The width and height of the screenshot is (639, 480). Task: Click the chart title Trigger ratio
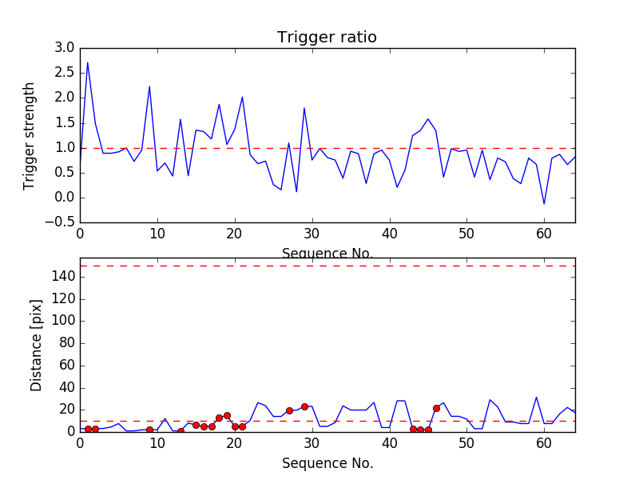(327, 38)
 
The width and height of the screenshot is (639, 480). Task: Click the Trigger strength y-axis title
(30, 135)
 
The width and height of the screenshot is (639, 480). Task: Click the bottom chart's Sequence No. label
(327, 463)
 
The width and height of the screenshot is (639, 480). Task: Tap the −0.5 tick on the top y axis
(61, 222)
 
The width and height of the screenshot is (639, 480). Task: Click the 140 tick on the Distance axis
(64, 277)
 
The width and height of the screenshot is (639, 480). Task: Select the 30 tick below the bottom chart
(312, 443)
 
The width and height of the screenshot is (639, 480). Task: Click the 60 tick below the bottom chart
(544, 443)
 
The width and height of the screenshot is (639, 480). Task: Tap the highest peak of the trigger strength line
(88, 62)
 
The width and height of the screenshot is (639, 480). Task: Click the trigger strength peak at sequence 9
(149, 86)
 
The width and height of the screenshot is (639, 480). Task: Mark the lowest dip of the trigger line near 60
(544, 204)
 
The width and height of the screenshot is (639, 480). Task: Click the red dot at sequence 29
(304, 406)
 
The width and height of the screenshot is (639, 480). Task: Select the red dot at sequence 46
(436, 408)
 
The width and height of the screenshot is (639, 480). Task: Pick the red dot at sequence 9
(149, 430)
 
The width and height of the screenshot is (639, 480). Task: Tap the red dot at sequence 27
(289, 410)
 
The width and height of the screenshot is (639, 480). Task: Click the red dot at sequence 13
(181, 431)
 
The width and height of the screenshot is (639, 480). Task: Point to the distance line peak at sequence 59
(537, 398)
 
